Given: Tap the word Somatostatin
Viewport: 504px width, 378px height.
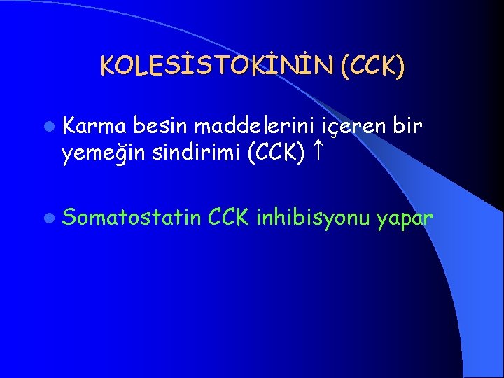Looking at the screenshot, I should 133,219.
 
